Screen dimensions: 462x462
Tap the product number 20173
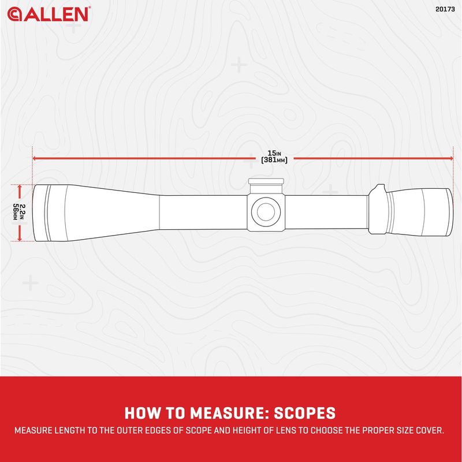point(445,9)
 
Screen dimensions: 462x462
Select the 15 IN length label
point(274,153)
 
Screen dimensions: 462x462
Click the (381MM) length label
point(274,160)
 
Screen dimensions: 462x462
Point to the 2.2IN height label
point(23,212)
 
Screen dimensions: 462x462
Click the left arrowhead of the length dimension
point(34,158)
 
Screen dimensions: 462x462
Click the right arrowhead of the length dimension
point(451,158)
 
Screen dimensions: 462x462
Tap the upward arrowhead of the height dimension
point(20,187)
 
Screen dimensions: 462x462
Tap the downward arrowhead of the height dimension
point(20,239)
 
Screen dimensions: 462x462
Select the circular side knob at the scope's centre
point(266,211)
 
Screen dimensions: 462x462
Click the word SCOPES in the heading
point(305,413)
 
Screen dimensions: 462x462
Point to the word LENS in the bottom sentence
point(286,430)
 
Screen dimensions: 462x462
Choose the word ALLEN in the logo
point(56,14)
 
